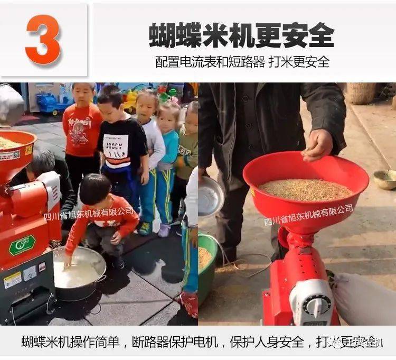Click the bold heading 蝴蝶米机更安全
pyautogui.click(x=241, y=36)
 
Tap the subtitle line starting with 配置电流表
pyautogui.click(x=242, y=62)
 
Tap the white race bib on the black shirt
pyautogui.click(x=116, y=149)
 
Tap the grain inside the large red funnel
pyautogui.click(x=306, y=189)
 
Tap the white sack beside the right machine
pyautogui.click(x=364, y=299)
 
